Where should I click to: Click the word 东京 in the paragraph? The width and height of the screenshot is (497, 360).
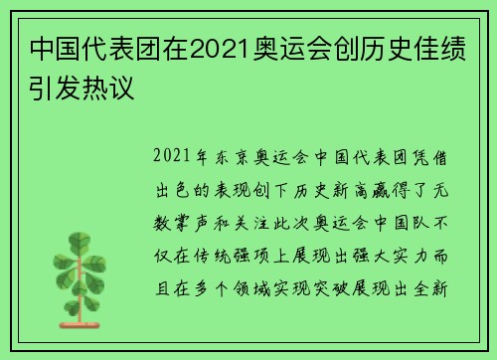(235, 157)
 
